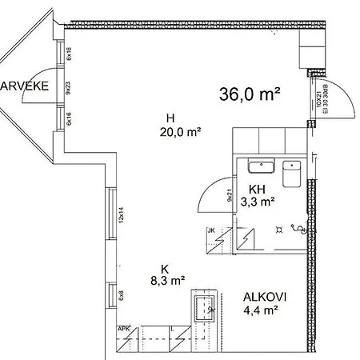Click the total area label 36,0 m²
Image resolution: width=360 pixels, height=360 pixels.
tap(250, 94)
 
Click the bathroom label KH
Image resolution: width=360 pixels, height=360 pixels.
tap(257, 190)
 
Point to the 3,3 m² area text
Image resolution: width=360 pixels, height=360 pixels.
tap(257, 202)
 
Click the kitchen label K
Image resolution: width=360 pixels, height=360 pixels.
tap(165, 268)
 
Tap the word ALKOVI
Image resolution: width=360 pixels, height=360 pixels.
tap(266, 297)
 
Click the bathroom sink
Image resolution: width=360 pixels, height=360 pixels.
tap(261, 166)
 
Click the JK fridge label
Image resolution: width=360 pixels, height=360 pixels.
tap(211, 232)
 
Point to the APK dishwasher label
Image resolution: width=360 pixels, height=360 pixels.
tap(124, 328)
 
